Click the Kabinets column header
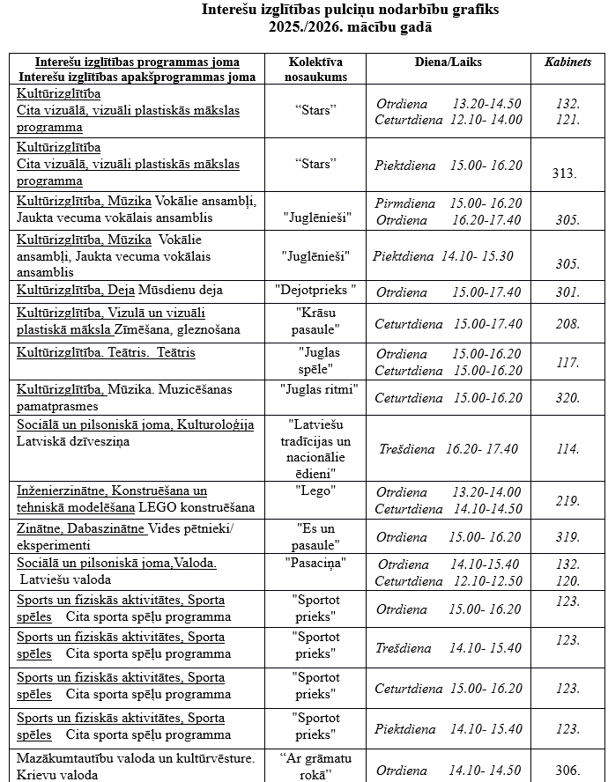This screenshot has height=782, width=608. (x=568, y=63)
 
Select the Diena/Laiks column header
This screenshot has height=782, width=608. (x=448, y=63)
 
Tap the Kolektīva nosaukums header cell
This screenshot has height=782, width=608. (x=315, y=70)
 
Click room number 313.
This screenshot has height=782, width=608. (x=564, y=173)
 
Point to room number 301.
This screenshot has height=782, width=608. (x=568, y=292)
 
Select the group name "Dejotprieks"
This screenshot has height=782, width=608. (x=315, y=290)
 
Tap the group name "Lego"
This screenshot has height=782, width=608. (x=315, y=491)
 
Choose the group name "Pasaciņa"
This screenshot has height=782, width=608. (x=315, y=563)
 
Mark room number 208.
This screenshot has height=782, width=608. (x=568, y=325)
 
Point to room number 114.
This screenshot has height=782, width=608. (x=568, y=449)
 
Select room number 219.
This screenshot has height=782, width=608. (x=568, y=501)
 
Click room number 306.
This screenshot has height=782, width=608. (x=568, y=770)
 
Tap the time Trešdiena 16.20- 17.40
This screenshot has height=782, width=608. (x=449, y=449)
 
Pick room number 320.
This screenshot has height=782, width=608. (x=568, y=398)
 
